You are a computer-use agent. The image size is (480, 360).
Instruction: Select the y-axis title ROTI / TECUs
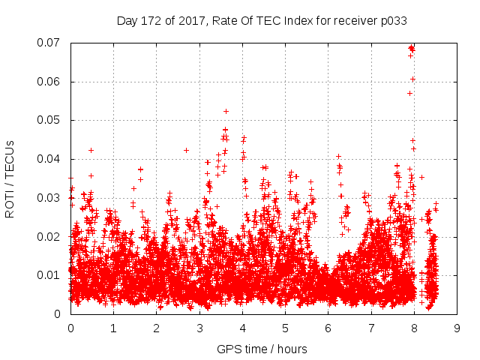click(x=10, y=178)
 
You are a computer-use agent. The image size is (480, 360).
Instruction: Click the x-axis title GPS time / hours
click(x=261, y=349)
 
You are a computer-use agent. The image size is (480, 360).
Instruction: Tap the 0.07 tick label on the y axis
click(x=50, y=43)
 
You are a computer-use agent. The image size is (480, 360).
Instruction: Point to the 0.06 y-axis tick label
click(x=50, y=82)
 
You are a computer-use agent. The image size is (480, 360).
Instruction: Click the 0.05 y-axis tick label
click(x=50, y=120)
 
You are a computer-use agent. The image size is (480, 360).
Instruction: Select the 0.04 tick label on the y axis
click(x=50, y=159)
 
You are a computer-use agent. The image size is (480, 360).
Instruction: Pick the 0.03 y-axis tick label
click(x=50, y=198)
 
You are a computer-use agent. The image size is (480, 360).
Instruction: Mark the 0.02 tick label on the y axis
click(x=50, y=236)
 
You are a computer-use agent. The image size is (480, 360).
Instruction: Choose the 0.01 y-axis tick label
click(x=50, y=275)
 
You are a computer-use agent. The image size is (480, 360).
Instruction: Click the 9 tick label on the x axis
click(x=457, y=328)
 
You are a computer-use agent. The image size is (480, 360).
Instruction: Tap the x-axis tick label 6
click(x=328, y=328)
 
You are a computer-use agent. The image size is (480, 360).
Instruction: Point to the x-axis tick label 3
click(x=199, y=328)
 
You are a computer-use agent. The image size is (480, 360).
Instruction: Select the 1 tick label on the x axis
click(x=113, y=328)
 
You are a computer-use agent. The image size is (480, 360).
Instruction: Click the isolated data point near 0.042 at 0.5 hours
click(x=91, y=150)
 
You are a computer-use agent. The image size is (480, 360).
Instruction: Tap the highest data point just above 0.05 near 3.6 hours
click(x=226, y=111)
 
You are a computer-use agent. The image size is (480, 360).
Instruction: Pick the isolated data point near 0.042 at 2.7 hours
click(x=186, y=150)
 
